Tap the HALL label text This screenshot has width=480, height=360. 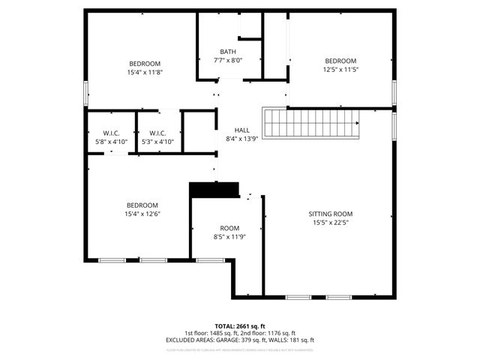click(x=241, y=130)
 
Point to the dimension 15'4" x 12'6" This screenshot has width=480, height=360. click(x=142, y=214)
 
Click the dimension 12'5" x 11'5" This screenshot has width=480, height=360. click(x=340, y=69)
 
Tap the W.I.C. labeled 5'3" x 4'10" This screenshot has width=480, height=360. click(x=157, y=133)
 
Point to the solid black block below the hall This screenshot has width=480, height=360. click(x=214, y=189)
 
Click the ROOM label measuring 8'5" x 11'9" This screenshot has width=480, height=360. click(x=229, y=228)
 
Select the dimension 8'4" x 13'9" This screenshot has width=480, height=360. click(x=241, y=139)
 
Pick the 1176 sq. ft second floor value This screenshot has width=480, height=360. click(x=280, y=333)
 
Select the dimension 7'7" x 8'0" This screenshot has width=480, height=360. click(x=229, y=60)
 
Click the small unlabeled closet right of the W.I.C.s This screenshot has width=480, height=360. click(x=199, y=133)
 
